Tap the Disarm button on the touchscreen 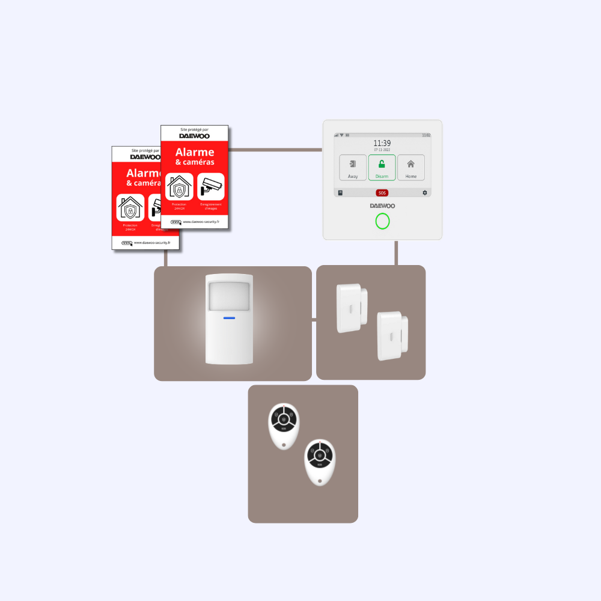tap(382, 168)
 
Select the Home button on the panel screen tap(410, 168)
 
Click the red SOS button tap(382, 193)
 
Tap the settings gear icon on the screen tap(425, 193)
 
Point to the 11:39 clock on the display tap(382, 143)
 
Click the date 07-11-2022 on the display tap(382, 150)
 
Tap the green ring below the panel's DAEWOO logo tap(382, 221)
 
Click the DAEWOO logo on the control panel tap(382, 206)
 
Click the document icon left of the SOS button tap(340, 193)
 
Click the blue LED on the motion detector tap(229, 318)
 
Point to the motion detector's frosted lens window tap(228, 296)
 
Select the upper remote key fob tap(283, 426)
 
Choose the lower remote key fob tap(319, 462)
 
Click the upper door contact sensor tap(351, 308)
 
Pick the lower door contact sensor tap(392, 335)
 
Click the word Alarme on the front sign tap(194, 152)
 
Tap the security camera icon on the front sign tap(210, 186)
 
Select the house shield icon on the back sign tap(130, 207)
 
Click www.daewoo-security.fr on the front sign tap(201, 221)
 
